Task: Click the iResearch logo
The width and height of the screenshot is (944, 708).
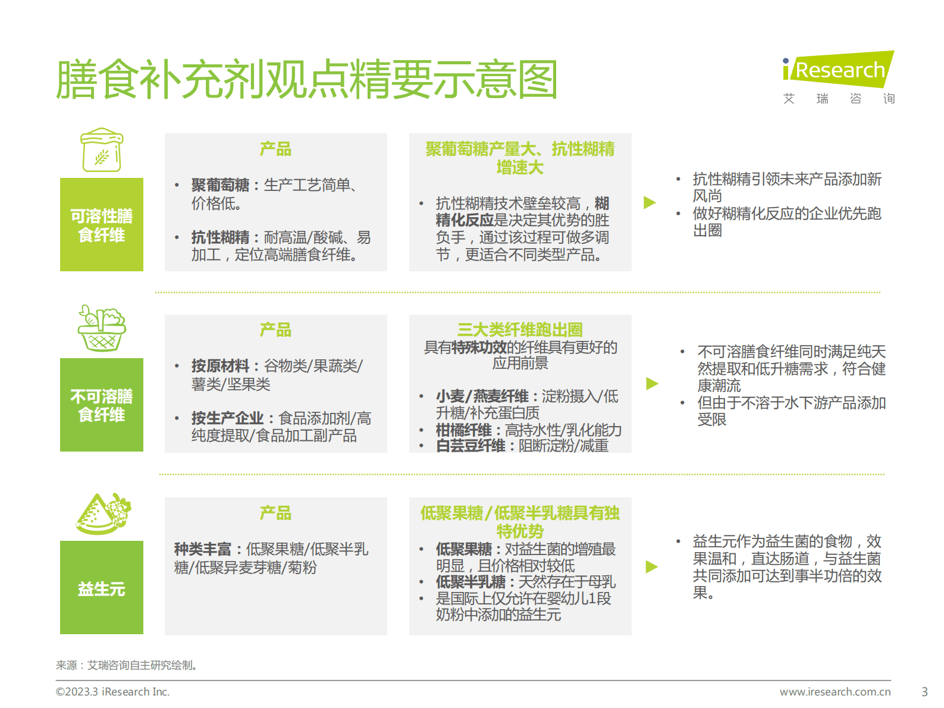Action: coord(838,77)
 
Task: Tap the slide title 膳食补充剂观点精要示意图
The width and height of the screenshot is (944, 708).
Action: coord(306,79)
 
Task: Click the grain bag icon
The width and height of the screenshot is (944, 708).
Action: coord(102,150)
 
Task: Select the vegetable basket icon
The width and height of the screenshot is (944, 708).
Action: coord(102,328)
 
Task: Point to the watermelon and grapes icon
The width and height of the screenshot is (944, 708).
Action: coord(104,513)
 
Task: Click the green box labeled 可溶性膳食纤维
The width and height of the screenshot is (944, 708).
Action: coord(102,225)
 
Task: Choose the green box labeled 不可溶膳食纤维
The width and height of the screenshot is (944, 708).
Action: coord(102,405)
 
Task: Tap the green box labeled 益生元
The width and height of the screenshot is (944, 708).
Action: coord(102,588)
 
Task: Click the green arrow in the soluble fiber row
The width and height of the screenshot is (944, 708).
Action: coord(650,202)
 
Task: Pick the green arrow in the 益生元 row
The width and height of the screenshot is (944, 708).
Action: coord(652,566)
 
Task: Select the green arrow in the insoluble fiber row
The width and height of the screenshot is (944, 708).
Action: coord(652,383)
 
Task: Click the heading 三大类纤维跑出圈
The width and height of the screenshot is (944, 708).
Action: coord(520,329)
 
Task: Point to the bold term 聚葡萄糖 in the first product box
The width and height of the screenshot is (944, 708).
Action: coord(220,185)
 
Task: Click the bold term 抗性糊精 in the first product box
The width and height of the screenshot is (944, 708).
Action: coord(220,237)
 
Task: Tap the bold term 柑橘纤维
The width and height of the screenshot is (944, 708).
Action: coord(463,430)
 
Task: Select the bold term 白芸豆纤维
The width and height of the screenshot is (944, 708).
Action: coord(471,446)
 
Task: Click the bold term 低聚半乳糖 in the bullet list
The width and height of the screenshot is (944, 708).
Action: coord(471,581)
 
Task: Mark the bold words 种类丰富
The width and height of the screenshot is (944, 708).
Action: coord(202,549)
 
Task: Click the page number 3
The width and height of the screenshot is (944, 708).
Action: coord(924,692)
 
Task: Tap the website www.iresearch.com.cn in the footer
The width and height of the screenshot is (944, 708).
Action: coord(835,692)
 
